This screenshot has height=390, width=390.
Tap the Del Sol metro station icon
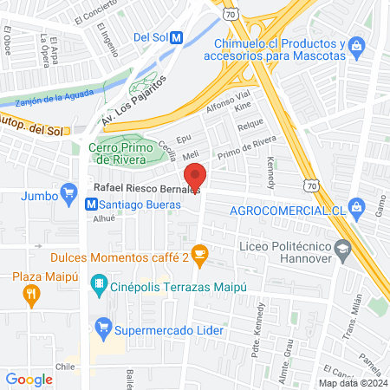click(177, 37)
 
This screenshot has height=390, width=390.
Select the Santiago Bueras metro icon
click(90, 204)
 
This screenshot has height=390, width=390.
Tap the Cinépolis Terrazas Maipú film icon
click(101, 283)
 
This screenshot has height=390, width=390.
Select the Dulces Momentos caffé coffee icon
click(200, 254)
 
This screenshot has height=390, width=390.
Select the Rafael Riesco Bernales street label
click(145, 188)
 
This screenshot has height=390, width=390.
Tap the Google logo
click(29, 379)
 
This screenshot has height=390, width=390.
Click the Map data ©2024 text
click(353, 383)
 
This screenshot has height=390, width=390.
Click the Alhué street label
click(103, 220)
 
